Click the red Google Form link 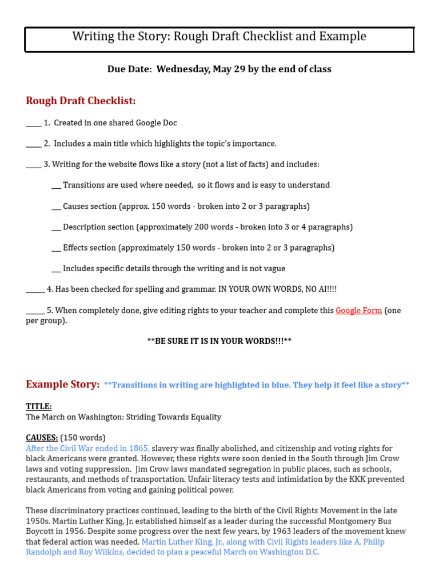[358, 311]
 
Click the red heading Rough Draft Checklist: [81, 101]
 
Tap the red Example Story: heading [62, 385]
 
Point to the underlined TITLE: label [38, 406]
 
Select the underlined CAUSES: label [42, 438]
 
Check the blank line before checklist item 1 [33, 124]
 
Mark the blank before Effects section [56, 248]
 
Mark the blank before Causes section [56, 207]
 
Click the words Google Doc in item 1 [156, 123]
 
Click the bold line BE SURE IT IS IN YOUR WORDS [219, 341]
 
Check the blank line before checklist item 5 [35, 311]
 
